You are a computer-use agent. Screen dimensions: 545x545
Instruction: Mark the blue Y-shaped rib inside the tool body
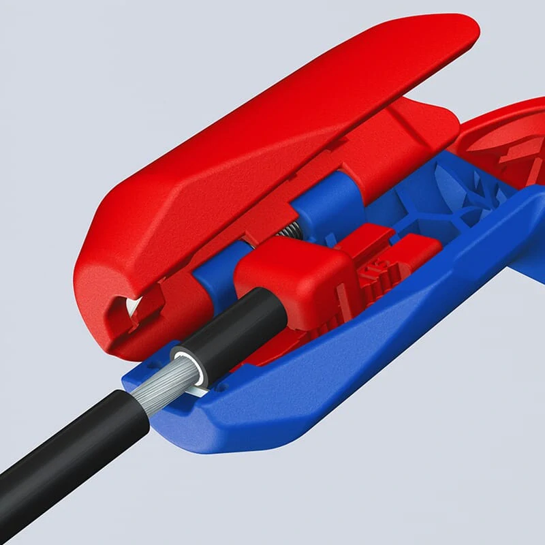click(450, 198)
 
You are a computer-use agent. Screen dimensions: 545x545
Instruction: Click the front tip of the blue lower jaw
click(136, 381)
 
